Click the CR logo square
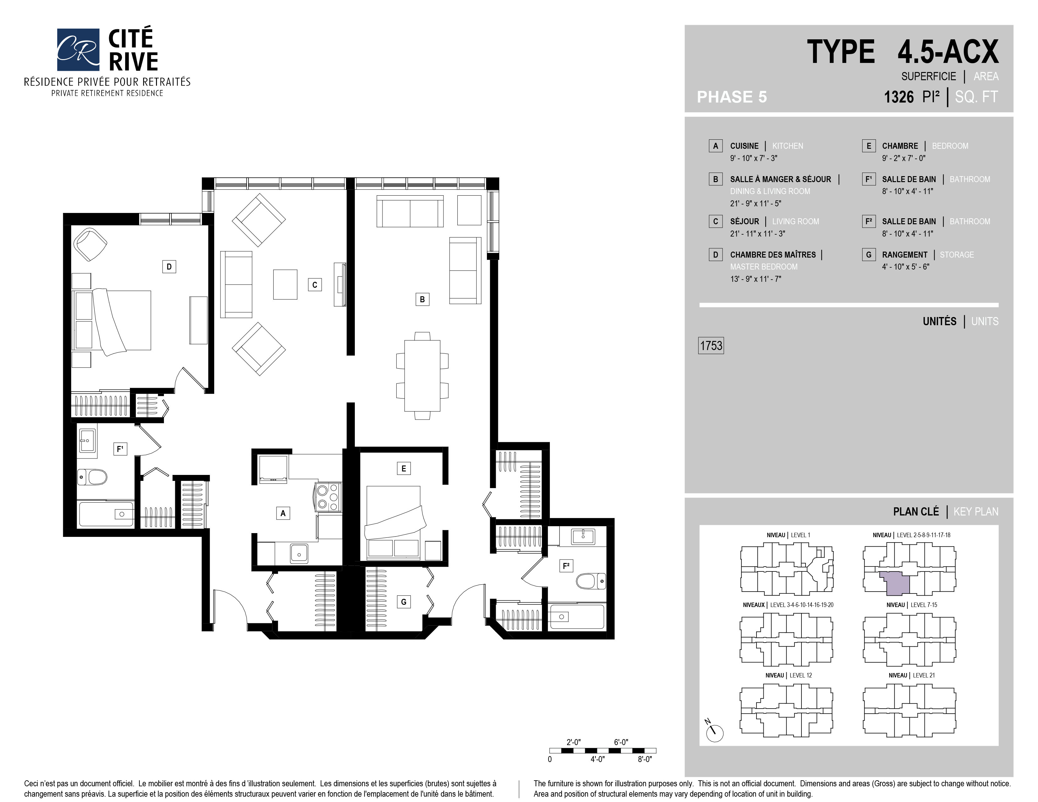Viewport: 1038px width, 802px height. tap(78, 49)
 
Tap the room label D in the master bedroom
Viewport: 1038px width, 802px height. tap(169, 266)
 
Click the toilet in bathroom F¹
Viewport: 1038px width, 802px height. tap(92, 476)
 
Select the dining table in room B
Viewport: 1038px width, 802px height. tap(422, 375)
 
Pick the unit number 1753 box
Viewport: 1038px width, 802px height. tap(711, 345)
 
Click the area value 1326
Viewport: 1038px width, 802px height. tap(898, 97)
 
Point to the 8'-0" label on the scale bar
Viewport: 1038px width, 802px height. tap(645, 759)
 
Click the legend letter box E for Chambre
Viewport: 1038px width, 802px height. tap(869, 146)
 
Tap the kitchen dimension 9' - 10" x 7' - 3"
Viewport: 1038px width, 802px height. tap(754, 158)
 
